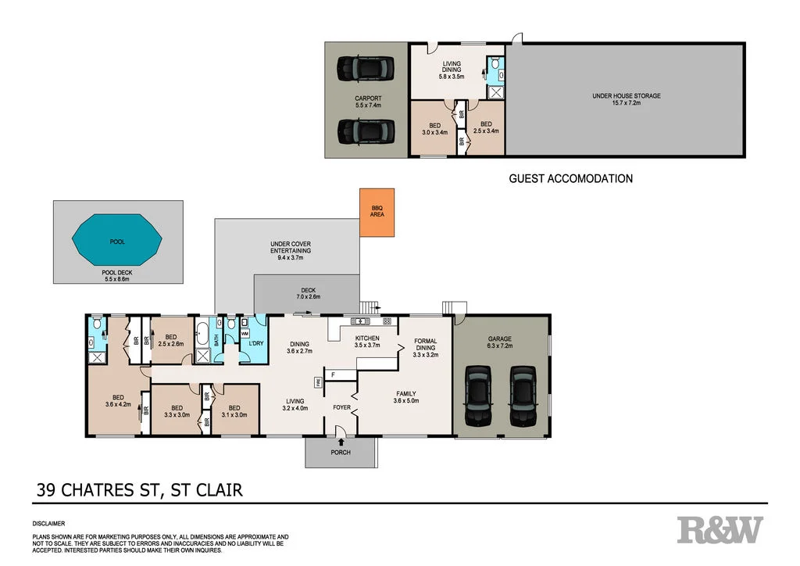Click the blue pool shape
click(x=117, y=242)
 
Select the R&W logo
click(x=719, y=529)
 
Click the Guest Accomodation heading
click(x=570, y=178)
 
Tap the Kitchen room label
click(x=366, y=340)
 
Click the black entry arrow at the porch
click(x=341, y=442)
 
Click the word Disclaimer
click(x=48, y=523)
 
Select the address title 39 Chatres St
click(x=141, y=490)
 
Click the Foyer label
click(x=342, y=407)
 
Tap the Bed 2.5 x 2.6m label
click(x=170, y=342)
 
